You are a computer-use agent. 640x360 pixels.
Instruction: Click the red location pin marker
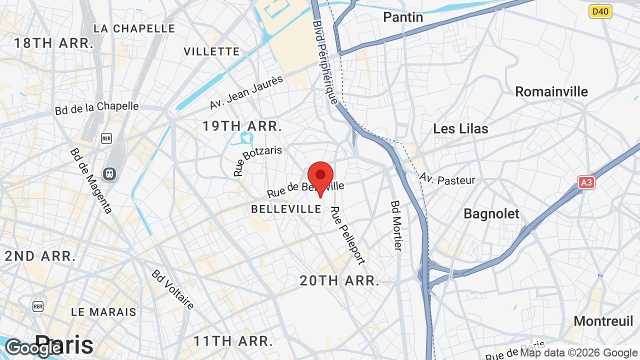pos(320,176)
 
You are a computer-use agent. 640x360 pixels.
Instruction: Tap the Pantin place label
pos(403,17)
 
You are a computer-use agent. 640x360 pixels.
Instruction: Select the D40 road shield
pos(600,11)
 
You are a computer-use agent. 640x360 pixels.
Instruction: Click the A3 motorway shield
pos(586,182)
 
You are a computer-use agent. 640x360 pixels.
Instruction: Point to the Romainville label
pos(551,92)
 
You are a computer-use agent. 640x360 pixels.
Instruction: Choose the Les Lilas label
pos(460,128)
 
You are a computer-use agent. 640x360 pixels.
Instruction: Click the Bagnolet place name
pos(491,213)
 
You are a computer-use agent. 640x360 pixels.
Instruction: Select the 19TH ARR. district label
pos(242,126)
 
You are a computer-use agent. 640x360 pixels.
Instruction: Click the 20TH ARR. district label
pos(339,280)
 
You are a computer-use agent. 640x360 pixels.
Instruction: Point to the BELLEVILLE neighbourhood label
pos(286,209)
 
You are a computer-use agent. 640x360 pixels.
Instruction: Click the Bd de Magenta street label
pos(91,180)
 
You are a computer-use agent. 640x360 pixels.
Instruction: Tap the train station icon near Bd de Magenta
pos(109,173)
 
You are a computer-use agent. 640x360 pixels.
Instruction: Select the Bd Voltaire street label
pos(172,289)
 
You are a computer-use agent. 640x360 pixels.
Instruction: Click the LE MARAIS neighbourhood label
pos(103,312)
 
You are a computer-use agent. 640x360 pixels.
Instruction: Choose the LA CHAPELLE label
pos(134,28)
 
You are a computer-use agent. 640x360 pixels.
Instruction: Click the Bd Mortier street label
pos(396,225)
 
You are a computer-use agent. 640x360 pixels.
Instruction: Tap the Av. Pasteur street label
pos(447,179)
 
